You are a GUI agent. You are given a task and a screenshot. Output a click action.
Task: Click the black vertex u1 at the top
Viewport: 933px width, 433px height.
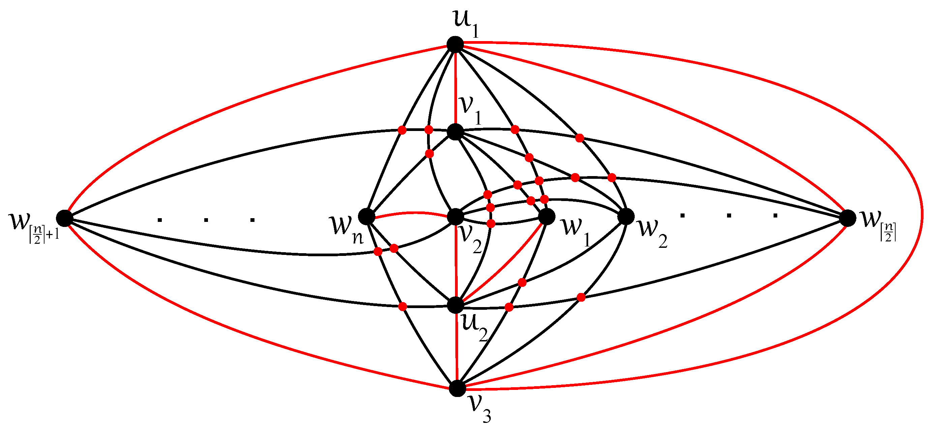click(455, 44)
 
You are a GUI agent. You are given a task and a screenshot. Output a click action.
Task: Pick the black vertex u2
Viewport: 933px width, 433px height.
click(456, 305)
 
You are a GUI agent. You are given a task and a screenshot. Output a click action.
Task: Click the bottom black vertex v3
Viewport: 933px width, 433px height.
click(457, 389)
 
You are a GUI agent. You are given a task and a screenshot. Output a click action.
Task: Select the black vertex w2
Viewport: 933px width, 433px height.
click(626, 216)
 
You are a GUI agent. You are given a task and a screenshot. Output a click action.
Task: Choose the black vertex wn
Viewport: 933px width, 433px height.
click(366, 216)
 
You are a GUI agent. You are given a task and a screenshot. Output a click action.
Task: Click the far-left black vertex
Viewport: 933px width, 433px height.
click(64, 218)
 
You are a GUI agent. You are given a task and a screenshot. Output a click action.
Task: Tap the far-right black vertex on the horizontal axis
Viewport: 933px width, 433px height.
click(848, 218)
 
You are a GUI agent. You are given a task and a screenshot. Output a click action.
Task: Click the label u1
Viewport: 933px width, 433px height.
click(466, 23)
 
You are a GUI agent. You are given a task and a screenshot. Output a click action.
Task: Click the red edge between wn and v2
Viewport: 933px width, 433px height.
click(411, 213)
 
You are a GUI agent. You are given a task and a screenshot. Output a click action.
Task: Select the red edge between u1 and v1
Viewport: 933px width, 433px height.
click(455, 87)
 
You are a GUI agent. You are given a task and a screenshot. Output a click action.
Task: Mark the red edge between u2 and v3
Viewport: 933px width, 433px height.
click(457, 347)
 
